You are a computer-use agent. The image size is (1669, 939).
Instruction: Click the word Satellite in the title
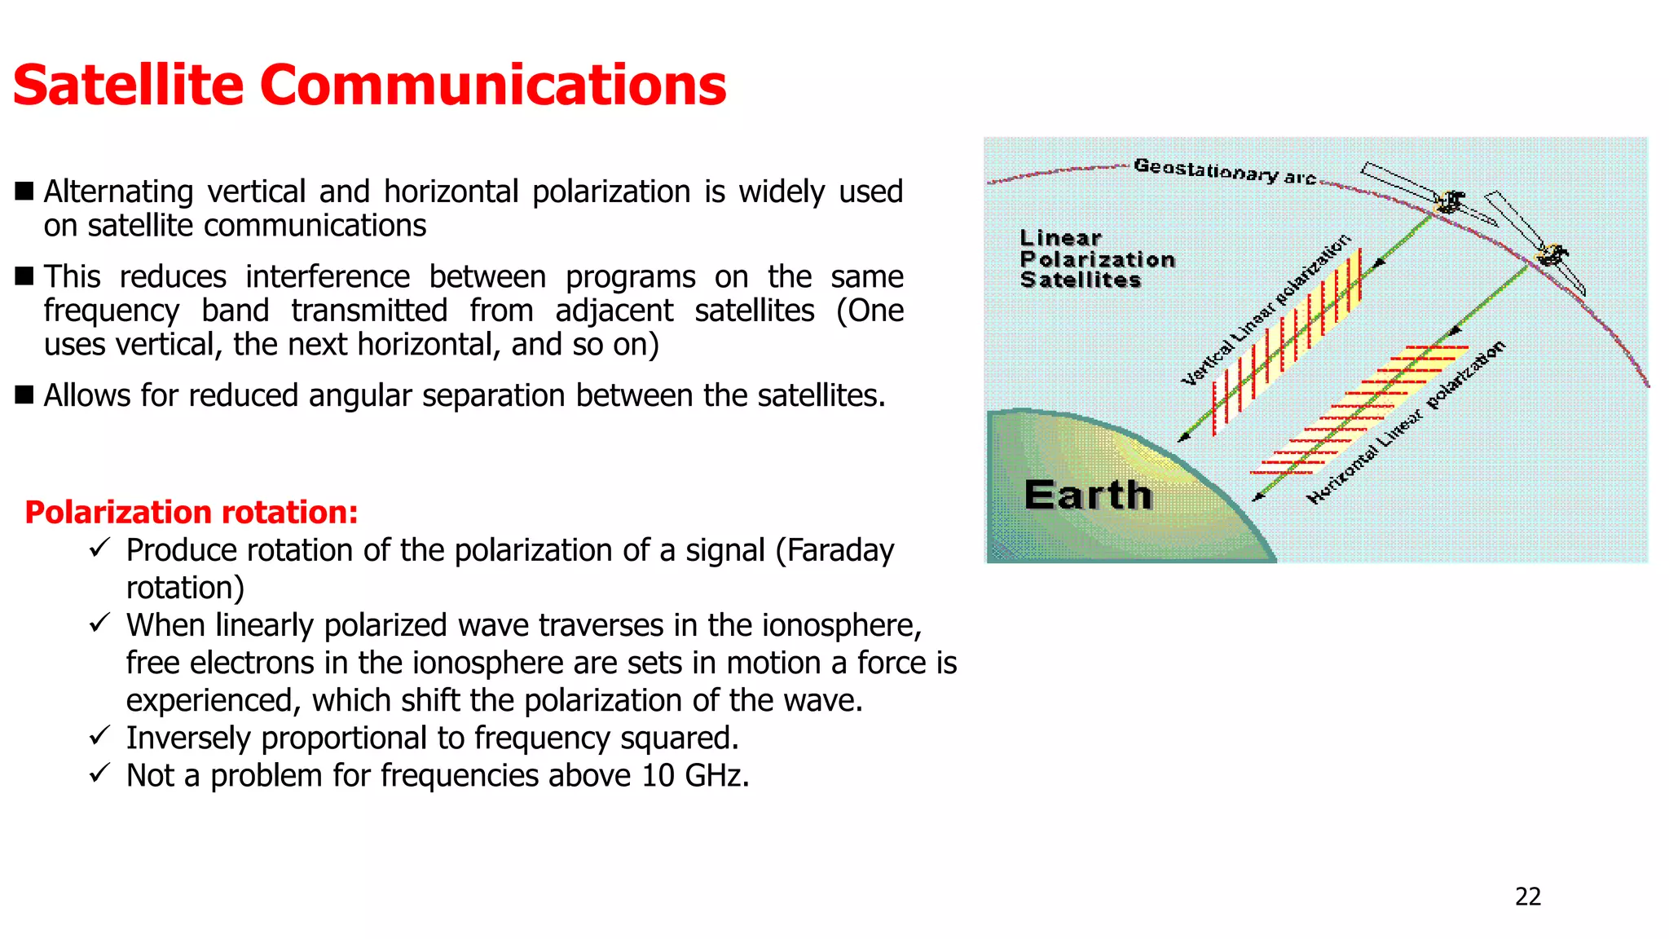pyautogui.click(x=129, y=85)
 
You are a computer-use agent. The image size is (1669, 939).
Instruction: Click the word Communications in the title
pyautogui.click(x=492, y=85)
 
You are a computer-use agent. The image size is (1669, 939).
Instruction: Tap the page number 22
pyautogui.click(x=1527, y=897)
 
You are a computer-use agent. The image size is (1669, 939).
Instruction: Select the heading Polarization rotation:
pyautogui.click(x=192, y=512)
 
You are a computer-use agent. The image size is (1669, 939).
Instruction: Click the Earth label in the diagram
pyautogui.click(x=1088, y=495)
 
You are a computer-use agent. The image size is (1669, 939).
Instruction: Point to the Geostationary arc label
pyautogui.click(x=1224, y=171)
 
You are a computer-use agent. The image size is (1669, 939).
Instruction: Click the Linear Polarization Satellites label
pyautogui.click(x=1096, y=259)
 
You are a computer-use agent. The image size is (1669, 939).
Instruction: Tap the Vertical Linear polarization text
pyautogui.click(x=1265, y=311)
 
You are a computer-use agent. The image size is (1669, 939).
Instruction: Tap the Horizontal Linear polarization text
pyautogui.click(x=1406, y=423)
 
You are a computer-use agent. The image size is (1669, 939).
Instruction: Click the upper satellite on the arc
pyautogui.click(x=1449, y=201)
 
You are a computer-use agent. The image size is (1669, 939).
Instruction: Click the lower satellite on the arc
pyautogui.click(x=1551, y=255)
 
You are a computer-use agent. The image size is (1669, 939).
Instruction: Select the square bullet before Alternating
pyautogui.click(x=24, y=192)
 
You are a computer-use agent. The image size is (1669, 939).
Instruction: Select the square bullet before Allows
pyautogui.click(x=24, y=395)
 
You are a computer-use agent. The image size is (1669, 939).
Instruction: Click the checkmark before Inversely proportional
pyautogui.click(x=99, y=736)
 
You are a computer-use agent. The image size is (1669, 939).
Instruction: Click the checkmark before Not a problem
pyautogui.click(x=99, y=773)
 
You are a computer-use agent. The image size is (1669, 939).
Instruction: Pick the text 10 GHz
pyautogui.click(x=694, y=775)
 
